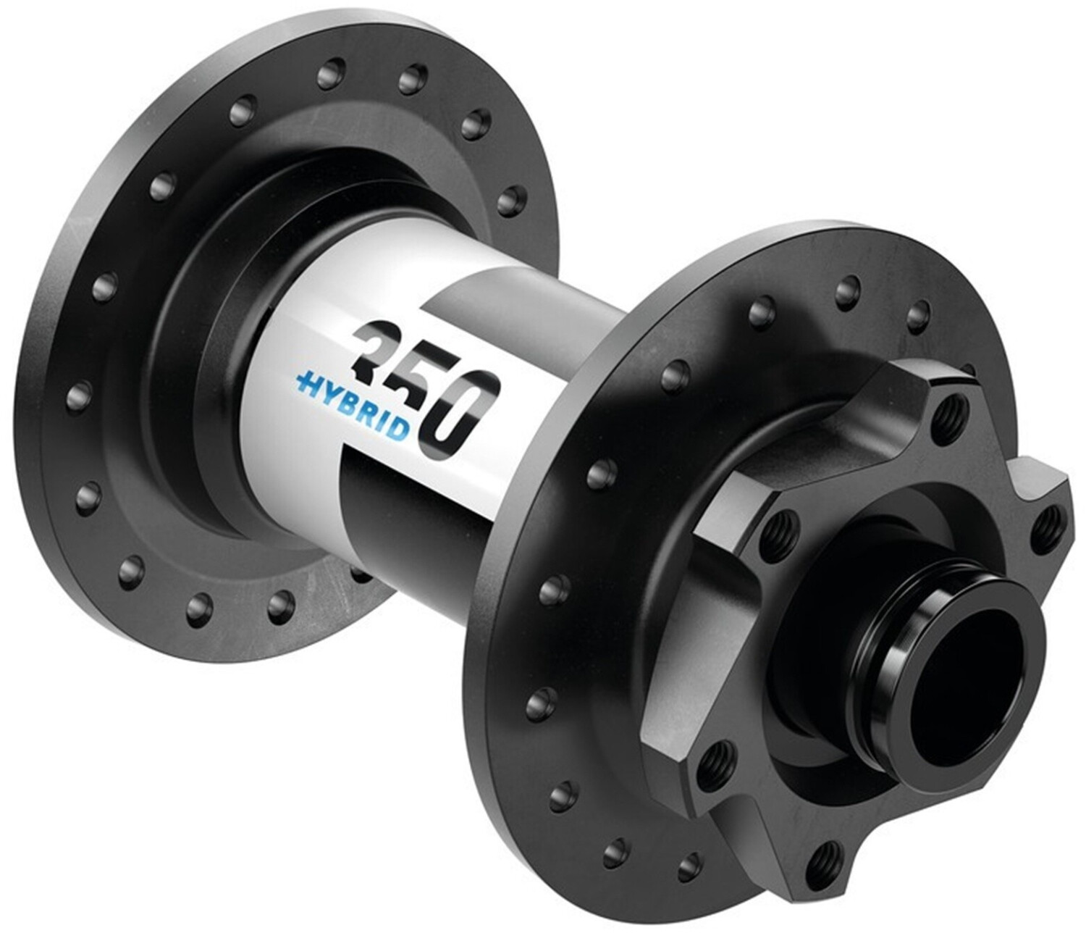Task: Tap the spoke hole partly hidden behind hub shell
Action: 357,572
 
